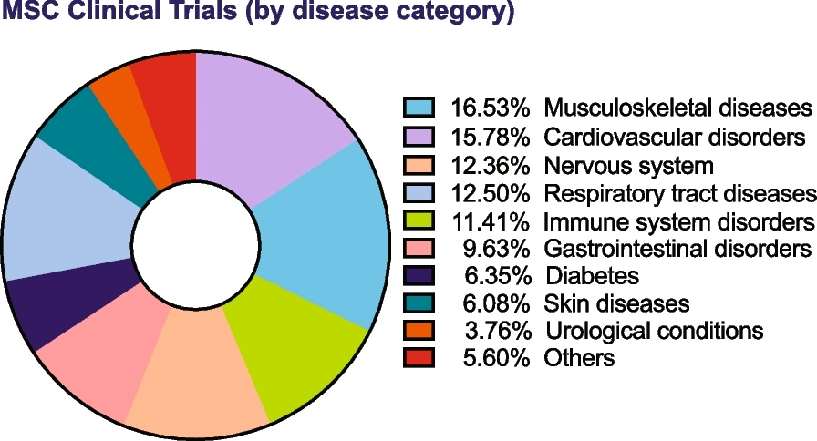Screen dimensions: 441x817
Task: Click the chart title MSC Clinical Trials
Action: click(258, 15)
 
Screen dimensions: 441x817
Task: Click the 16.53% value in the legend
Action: click(491, 108)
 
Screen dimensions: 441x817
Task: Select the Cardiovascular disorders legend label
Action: click(675, 138)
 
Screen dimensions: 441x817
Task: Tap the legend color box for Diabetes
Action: click(418, 274)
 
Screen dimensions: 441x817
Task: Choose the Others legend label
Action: click(579, 357)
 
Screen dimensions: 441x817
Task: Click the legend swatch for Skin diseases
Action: click(418, 302)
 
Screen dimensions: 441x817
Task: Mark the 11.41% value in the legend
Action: click(491, 220)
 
